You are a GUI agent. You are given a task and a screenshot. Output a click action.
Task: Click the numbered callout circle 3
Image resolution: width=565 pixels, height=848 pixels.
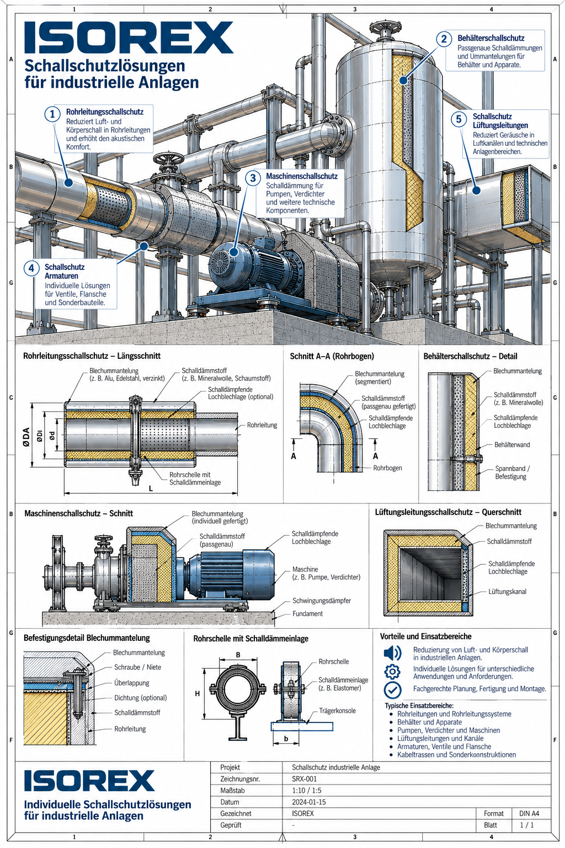coord(253,178)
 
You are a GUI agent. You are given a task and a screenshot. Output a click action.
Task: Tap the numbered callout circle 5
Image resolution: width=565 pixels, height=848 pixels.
coord(459,119)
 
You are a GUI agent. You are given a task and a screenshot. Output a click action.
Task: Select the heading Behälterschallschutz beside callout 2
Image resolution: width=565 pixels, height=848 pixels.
coord(491,38)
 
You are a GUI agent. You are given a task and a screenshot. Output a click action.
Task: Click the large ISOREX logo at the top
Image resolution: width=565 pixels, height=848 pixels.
coord(129,37)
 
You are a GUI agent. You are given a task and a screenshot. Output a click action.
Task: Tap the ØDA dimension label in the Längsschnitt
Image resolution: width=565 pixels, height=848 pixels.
coord(26,437)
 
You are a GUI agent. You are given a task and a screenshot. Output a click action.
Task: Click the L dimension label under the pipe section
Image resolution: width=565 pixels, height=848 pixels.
coord(151,489)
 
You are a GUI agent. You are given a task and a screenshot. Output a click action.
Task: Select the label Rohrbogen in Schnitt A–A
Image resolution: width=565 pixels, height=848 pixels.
coord(387,468)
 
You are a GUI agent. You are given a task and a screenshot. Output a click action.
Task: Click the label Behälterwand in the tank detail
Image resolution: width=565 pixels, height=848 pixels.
coord(512,444)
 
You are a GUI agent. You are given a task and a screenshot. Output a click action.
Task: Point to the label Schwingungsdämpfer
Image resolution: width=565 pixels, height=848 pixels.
coord(322,601)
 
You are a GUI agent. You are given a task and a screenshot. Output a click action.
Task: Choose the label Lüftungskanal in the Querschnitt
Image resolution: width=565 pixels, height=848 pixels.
coord(507,592)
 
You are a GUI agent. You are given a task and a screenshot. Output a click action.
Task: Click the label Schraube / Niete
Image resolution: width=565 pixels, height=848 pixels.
coord(138,667)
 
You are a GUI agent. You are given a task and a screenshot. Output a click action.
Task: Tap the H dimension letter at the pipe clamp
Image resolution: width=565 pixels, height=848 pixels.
coord(197,693)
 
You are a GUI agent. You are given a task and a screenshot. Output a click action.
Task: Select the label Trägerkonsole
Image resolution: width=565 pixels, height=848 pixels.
coord(338,711)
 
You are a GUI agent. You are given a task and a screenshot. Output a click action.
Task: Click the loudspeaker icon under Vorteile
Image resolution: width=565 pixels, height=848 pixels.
coord(392,653)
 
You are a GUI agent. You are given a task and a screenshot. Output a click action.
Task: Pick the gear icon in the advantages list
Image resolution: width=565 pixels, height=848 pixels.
coord(392,672)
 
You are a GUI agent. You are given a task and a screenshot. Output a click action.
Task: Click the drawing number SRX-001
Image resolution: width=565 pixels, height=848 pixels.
coord(304,779)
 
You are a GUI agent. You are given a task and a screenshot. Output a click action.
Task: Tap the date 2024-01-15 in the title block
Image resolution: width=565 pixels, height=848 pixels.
coord(309,802)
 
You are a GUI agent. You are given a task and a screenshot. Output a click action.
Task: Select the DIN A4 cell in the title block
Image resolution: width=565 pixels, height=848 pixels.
coord(530,813)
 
